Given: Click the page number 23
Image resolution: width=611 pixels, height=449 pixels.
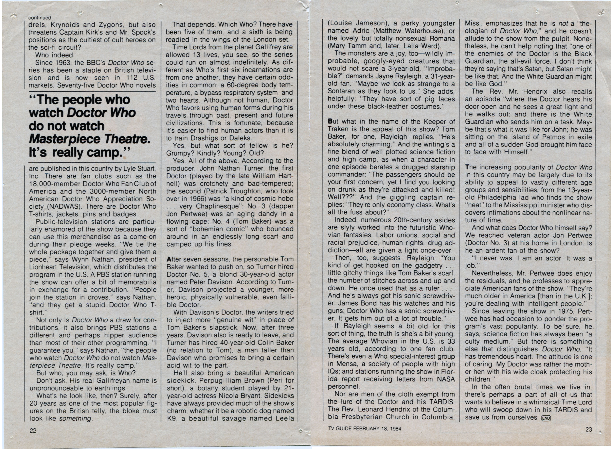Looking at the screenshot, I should click(x=589, y=429).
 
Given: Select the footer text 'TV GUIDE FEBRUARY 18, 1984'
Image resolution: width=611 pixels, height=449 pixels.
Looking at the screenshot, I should click(x=364, y=429).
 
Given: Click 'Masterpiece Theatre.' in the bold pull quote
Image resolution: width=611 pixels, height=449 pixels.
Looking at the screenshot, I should click(x=90, y=139).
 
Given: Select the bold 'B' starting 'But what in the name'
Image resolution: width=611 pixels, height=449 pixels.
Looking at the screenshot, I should click(x=330, y=122).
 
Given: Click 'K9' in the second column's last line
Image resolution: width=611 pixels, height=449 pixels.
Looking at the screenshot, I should click(x=172, y=419).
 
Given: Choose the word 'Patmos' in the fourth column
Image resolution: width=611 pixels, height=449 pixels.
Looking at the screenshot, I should click(x=529, y=137).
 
